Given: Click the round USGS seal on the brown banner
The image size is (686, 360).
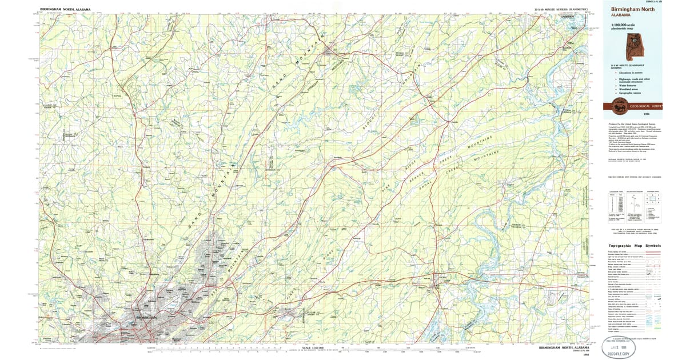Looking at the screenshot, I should point(619,105).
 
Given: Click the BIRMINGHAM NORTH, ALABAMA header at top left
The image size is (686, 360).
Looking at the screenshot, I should point(65,10).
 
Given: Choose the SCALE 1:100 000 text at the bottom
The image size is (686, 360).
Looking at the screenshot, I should point(311,347).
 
